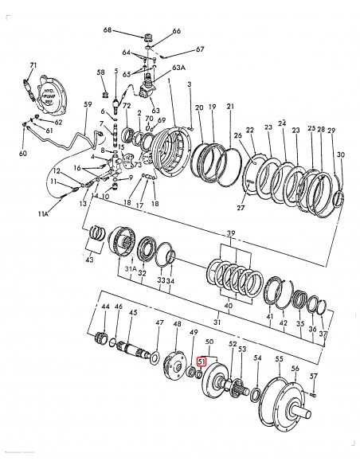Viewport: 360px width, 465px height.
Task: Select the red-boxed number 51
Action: [x=202, y=361]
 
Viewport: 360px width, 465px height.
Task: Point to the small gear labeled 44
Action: [x=101, y=338]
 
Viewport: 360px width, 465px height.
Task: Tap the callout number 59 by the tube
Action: [x=88, y=104]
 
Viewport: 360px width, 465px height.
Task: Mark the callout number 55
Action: [x=279, y=360]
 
